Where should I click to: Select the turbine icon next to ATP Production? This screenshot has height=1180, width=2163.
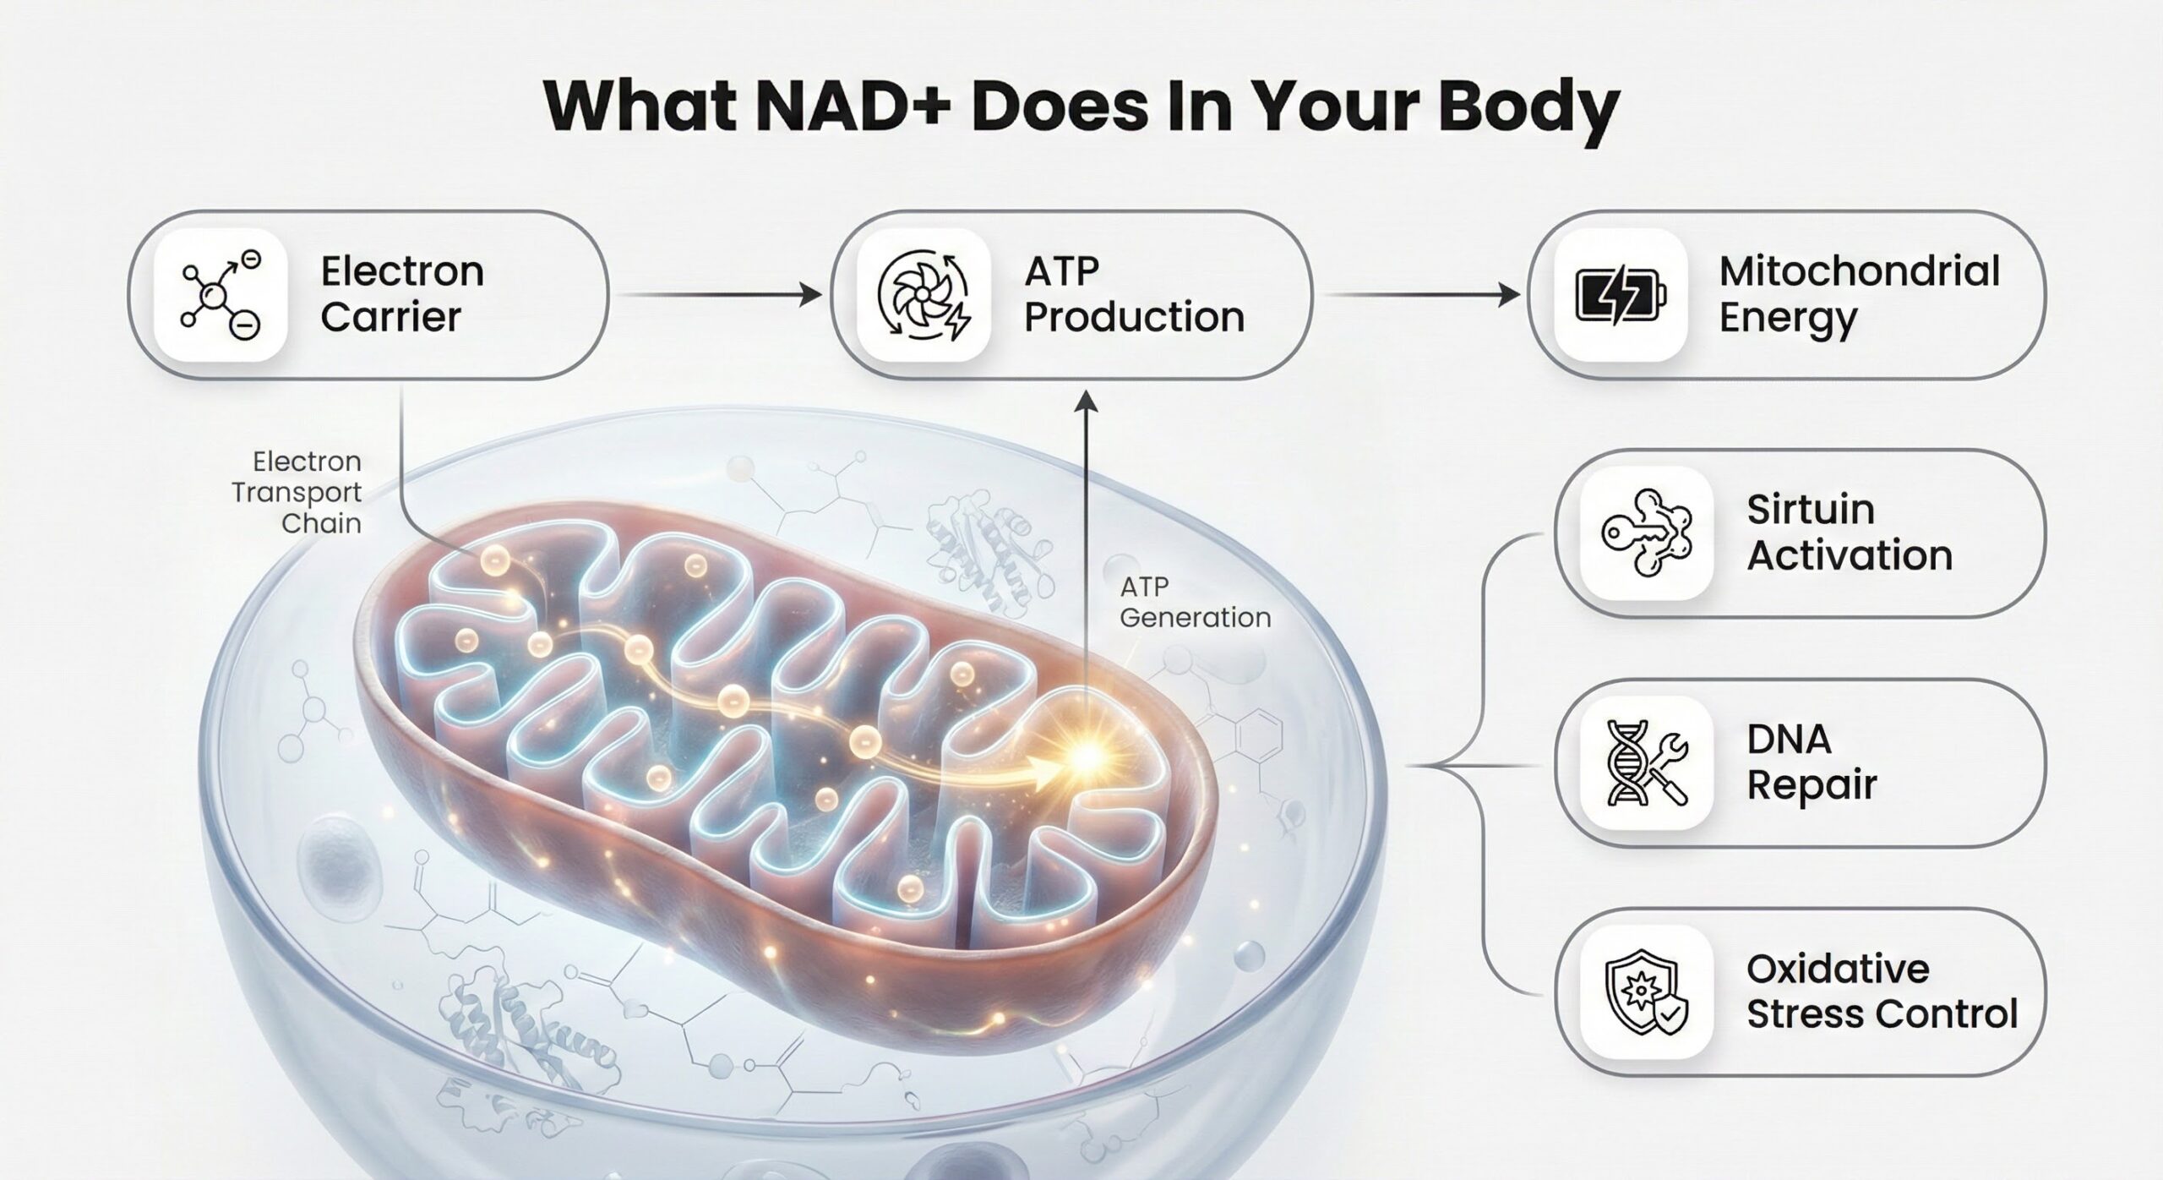coord(923,294)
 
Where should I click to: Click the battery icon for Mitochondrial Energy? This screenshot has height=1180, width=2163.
coord(1621,296)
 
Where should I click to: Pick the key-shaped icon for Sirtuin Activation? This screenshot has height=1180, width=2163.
coord(1646,533)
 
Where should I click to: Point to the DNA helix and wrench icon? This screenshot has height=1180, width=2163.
coord(1646,762)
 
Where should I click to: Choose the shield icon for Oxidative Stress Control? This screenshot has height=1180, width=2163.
coord(1646,992)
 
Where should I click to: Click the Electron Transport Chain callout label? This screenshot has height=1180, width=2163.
coord(297,492)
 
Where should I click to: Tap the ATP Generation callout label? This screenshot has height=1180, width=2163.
coord(1195,602)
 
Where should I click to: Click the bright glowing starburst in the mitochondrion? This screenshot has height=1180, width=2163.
coord(1086,755)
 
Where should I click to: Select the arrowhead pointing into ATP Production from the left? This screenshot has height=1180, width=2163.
coord(811,295)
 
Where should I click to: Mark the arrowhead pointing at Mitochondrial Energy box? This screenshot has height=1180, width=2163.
coord(1509,295)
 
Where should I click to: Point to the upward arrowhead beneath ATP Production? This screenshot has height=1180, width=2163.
coord(1087,402)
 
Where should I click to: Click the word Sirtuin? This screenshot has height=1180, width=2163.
coord(1810,510)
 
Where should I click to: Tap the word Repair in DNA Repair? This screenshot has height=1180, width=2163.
coord(1812,785)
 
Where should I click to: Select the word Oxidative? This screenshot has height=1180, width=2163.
coord(1838,969)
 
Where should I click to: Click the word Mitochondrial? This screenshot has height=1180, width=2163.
coord(1859,271)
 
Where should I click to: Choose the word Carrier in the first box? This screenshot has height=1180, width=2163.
coord(390,317)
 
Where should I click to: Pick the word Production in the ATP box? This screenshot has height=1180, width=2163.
coord(1134,317)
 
